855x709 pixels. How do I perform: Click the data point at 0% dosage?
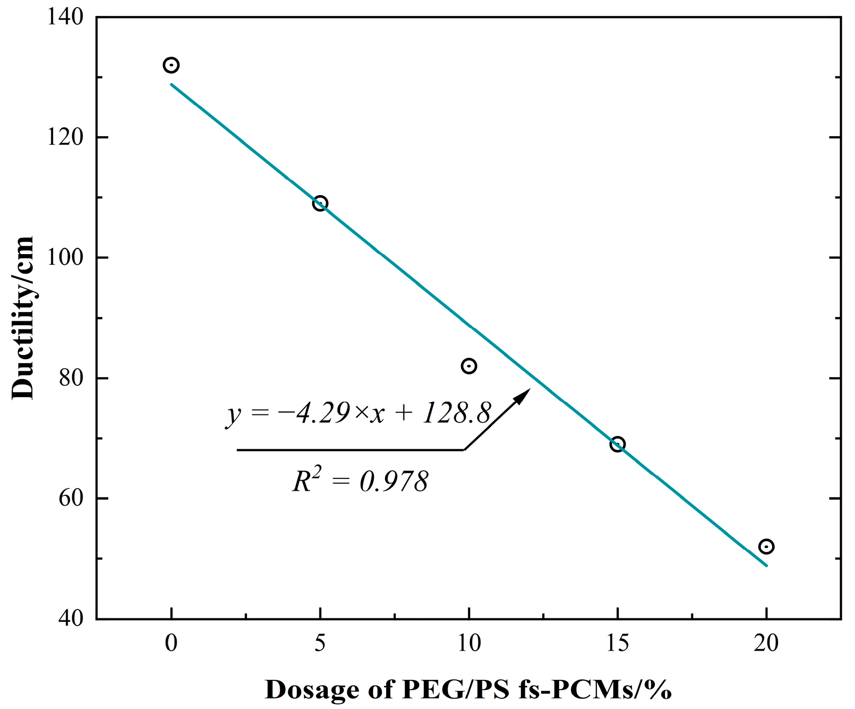[x=171, y=65]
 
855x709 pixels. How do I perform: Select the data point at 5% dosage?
[x=320, y=203]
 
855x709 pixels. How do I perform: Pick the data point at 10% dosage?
[x=469, y=366]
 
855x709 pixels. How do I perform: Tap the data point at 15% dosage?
[x=618, y=444]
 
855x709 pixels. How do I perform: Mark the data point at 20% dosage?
[x=766, y=547]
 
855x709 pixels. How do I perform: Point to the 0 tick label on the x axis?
[x=171, y=643]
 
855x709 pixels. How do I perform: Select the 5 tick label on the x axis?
[x=320, y=643]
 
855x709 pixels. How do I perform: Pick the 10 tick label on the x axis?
[x=469, y=643]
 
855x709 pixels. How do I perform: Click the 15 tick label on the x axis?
[x=618, y=643]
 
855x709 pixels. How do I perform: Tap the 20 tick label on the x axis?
[x=766, y=643]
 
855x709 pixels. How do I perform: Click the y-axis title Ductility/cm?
[x=23, y=318]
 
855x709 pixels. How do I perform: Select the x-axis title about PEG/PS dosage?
[x=468, y=690]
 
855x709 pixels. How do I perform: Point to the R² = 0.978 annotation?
[x=360, y=481]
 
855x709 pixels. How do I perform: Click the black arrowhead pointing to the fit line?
[x=523, y=395]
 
